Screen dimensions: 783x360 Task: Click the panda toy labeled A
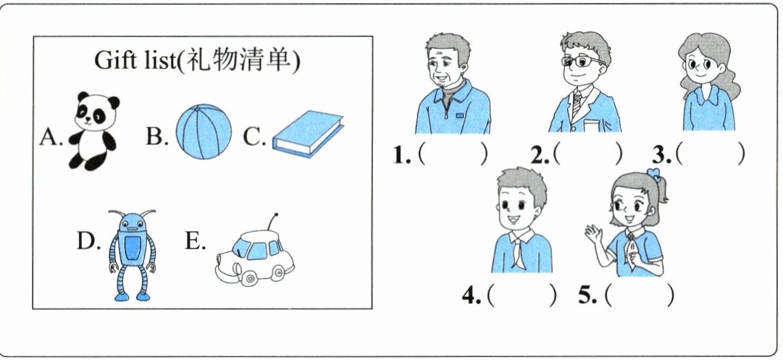(94, 131)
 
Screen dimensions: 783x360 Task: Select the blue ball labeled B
(204, 132)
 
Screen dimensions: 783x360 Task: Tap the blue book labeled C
(308, 133)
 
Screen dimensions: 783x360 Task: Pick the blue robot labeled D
(133, 255)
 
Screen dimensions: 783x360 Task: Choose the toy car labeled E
(255, 257)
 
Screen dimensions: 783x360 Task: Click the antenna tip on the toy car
(276, 214)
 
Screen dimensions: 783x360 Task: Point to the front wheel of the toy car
(248, 277)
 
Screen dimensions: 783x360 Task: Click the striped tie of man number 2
(577, 102)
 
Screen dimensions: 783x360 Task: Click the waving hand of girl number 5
(594, 234)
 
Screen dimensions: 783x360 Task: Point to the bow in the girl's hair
(653, 175)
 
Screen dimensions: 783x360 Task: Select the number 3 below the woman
(662, 156)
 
